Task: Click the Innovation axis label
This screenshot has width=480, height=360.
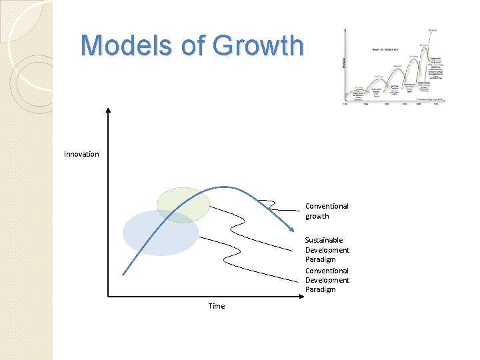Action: point(81,155)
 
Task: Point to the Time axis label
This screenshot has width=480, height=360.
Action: point(217,306)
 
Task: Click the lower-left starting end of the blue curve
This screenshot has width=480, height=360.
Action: point(123,274)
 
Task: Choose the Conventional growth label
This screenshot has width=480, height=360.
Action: point(327,211)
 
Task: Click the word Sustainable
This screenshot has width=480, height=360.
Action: point(324,240)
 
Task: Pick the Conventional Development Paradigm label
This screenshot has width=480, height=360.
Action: point(327,280)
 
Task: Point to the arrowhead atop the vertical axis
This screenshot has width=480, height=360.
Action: point(108,109)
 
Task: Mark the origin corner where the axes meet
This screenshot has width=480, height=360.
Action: point(108,296)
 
